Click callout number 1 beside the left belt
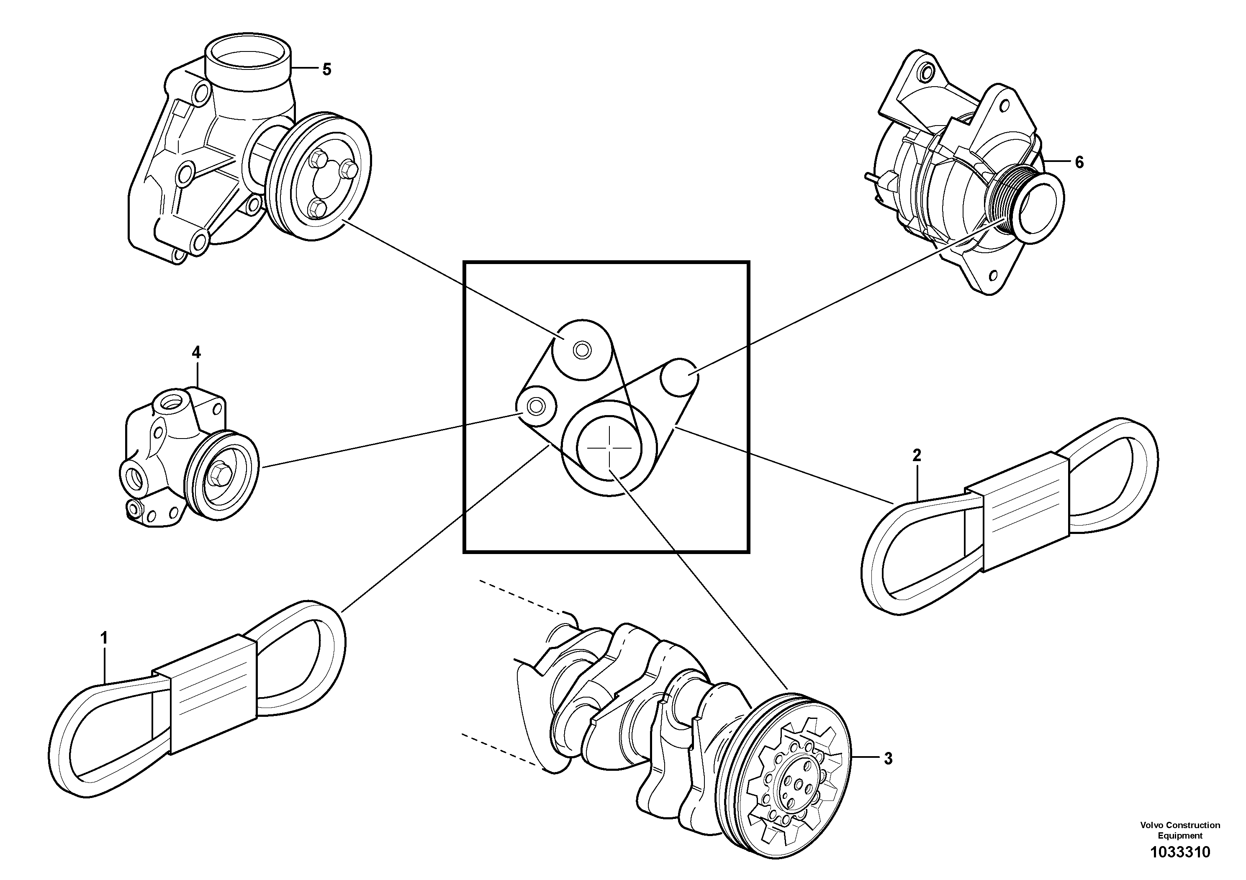(104, 637)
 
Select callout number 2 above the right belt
(917, 455)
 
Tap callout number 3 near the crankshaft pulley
(888, 759)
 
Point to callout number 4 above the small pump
(196, 353)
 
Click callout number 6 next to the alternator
(1079, 162)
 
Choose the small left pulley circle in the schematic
(536, 405)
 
